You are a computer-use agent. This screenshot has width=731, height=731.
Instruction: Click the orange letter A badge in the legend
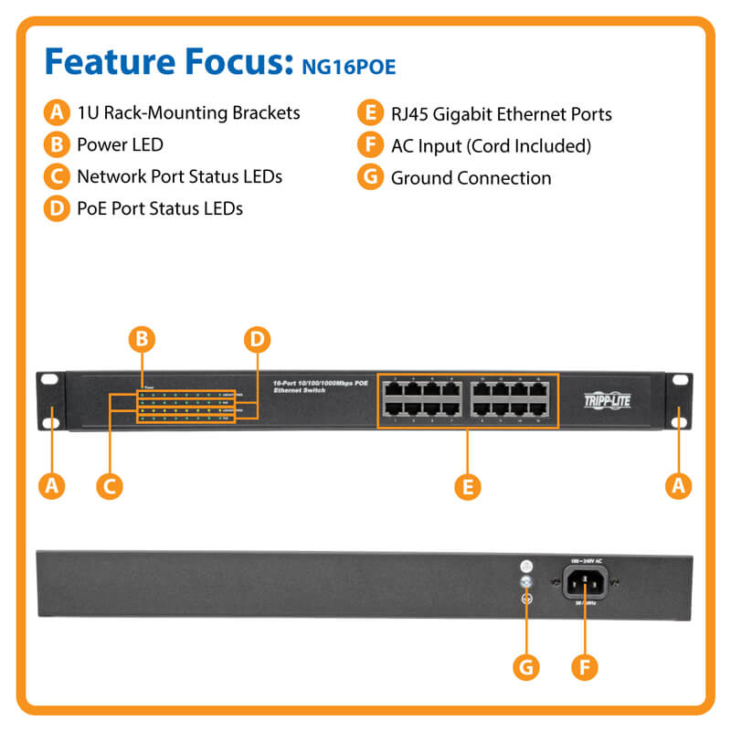click(57, 113)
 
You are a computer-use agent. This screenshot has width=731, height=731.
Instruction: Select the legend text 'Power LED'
click(120, 144)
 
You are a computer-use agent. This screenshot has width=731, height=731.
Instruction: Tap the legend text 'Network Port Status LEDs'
click(179, 176)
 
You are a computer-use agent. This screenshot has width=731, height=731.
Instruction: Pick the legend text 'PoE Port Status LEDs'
click(159, 208)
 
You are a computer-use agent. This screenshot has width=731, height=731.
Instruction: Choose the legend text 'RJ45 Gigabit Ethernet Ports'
click(501, 114)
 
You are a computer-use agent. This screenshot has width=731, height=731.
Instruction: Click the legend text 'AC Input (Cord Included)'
click(491, 145)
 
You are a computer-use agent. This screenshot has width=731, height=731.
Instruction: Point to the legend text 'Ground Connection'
click(471, 177)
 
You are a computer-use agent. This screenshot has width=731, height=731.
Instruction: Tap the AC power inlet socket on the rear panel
click(585, 581)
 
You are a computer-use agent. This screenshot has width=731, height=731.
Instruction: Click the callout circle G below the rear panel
click(524, 667)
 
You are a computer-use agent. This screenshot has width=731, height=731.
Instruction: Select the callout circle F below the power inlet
click(585, 667)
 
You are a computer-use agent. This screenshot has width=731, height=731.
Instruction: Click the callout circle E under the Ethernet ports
click(467, 486)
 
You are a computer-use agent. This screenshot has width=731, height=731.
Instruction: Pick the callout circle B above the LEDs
click(141, 340)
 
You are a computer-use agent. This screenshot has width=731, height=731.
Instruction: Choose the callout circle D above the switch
click(258, 340)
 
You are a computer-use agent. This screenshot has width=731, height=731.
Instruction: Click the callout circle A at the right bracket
click(677, 486)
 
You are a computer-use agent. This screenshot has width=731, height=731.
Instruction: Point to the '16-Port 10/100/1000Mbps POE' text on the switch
click(315, 384)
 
